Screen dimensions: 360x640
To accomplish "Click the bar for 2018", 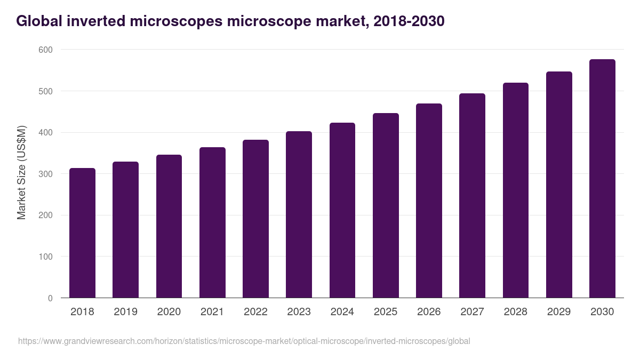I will click(x=82, y=233).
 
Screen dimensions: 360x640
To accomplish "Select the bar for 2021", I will click(x=212, y=222).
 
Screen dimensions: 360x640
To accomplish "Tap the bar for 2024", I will click(x=342, y=210).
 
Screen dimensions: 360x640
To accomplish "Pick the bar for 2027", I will click(x=473, y=196).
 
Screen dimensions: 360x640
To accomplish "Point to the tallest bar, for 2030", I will click(x=602, y=179).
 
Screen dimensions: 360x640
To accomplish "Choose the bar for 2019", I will click(x=125, y=230).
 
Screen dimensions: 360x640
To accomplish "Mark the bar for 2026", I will click(x=429, y=201).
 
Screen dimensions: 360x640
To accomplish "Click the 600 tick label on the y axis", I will click(x=46, y=50).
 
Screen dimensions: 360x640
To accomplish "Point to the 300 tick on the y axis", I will click(x=46, y=174).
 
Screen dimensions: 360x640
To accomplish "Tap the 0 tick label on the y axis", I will click(x=50, y=298).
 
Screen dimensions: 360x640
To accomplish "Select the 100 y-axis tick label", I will click(x=46, y=257).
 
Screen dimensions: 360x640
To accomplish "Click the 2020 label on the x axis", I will click(x=169, y=312).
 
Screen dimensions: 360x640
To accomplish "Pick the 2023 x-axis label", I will click(x=299, y=312).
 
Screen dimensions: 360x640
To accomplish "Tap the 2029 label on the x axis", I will click(x=559, y=312).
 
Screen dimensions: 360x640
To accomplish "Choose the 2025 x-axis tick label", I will click(x=386, y=312).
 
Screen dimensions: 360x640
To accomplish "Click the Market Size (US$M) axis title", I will click(x=22, y=173).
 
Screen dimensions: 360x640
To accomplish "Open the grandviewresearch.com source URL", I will click(x=244, y=341).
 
